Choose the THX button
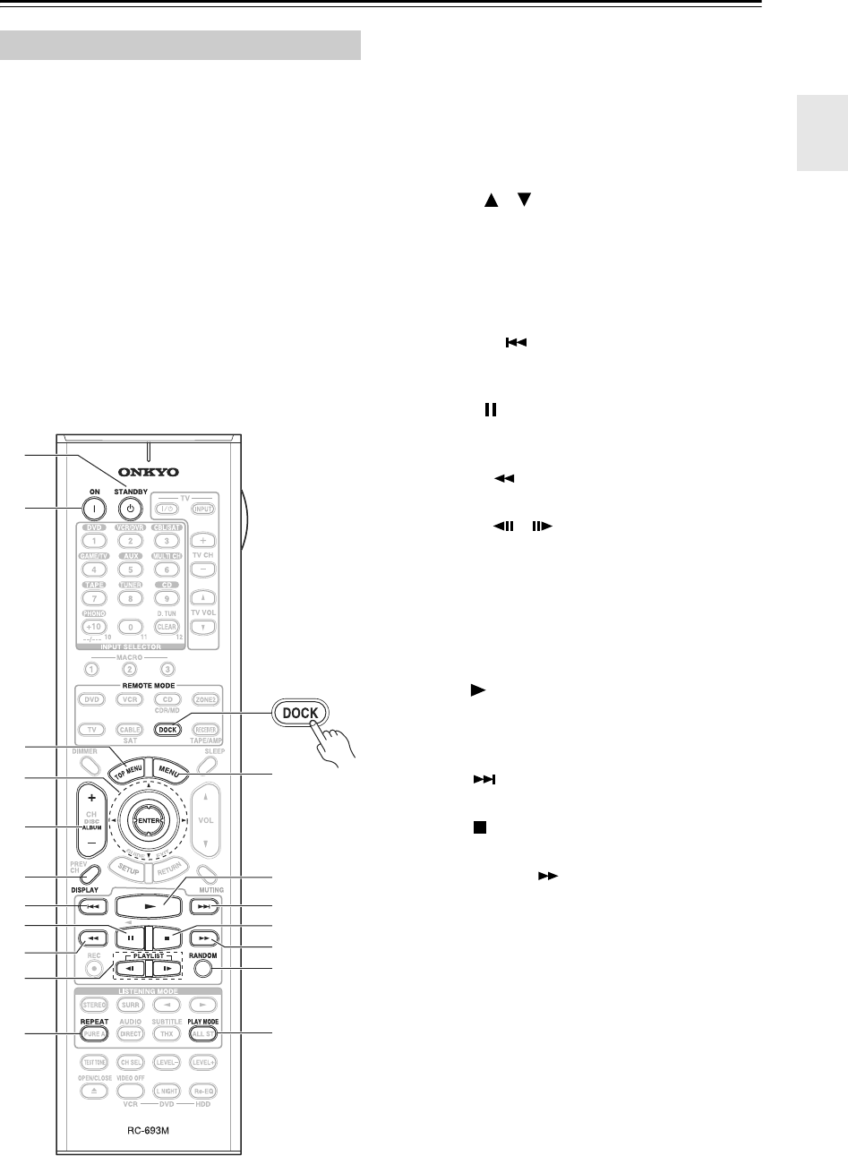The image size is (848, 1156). [x=167, y=1032]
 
